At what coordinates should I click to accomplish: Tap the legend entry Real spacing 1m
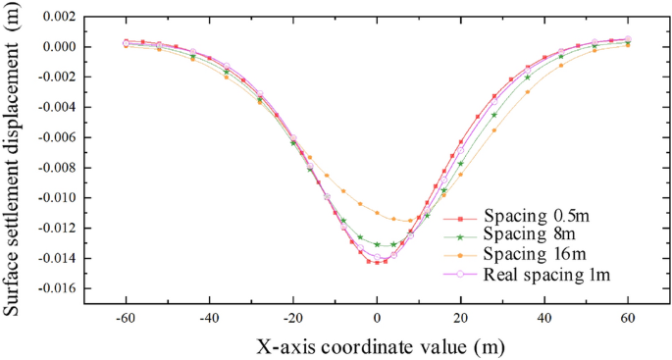tap(547, 274)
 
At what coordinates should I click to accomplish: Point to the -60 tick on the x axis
tap(126, 319)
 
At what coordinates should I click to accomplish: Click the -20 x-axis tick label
tap(292, 319)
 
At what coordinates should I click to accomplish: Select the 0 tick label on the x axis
tap(377, 319)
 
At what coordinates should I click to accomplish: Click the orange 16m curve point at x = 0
tap(377, 212)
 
